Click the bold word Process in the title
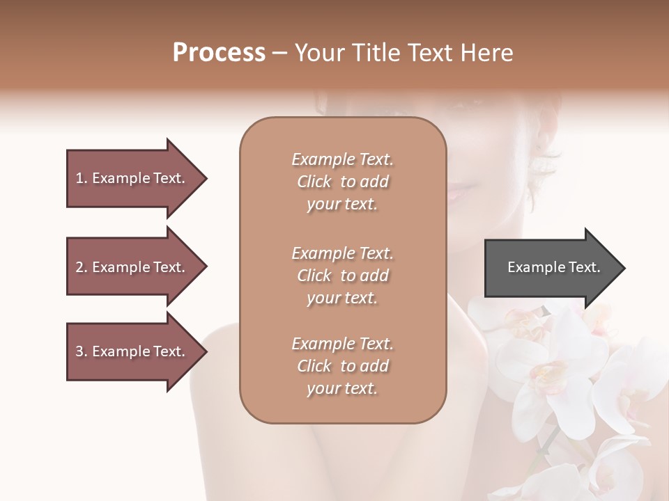219,53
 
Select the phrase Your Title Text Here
403,53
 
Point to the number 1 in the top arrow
79,178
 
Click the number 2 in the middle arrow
79,267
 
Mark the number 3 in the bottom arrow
79,351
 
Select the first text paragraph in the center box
342,182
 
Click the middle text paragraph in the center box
342,276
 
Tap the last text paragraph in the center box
342,366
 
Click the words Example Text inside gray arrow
554,267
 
